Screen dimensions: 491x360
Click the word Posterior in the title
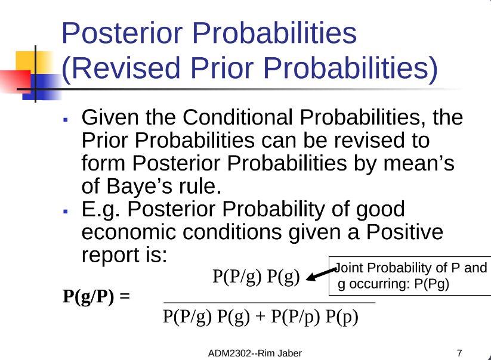coord(122,33)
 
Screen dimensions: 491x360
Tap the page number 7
coord(459,353)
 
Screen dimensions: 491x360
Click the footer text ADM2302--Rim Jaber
coord(255,353)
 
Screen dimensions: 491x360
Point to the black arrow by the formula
coord(321,274)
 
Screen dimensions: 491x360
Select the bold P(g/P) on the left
coord(88,296)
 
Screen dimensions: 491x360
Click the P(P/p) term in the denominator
coord(295,316)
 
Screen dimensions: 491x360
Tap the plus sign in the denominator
coord(260,316)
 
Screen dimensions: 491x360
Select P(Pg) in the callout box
coord(432,284)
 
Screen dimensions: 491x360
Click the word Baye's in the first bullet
coord(140,187)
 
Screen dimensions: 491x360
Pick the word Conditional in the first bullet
coord(237,117)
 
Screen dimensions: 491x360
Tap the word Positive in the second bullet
coord(404,232)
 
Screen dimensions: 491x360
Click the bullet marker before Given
coord(66,119)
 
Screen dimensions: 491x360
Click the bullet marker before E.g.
coord(66,212)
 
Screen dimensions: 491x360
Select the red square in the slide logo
coord(16,81)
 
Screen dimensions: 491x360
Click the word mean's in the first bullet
coord(419,163)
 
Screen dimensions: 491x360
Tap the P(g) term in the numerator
coord(283,277)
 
